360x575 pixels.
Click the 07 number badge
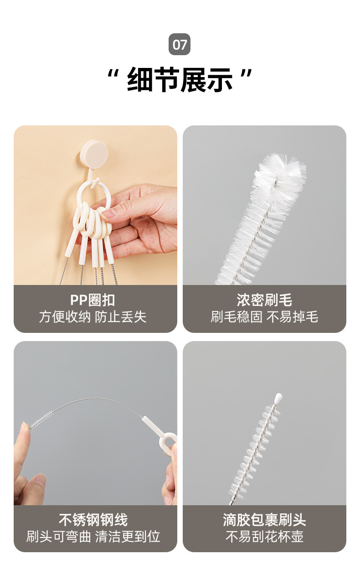[x=180, y=45]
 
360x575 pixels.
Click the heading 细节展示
[x=180, y=80]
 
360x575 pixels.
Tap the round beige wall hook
[x=94, y=152]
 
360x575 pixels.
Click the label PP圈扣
[x=93, y=300]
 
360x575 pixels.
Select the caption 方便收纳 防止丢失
[x=93, y=317]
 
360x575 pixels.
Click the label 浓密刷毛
[x=264, y=300]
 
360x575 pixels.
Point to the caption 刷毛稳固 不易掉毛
[x=264, y=317]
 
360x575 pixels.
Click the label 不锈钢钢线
[x=93, y=520]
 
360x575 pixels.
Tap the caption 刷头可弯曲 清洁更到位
[x=93, y=537]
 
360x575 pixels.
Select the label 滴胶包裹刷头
[x=264, y=520]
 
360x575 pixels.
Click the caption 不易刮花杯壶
[x=264, y=537]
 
